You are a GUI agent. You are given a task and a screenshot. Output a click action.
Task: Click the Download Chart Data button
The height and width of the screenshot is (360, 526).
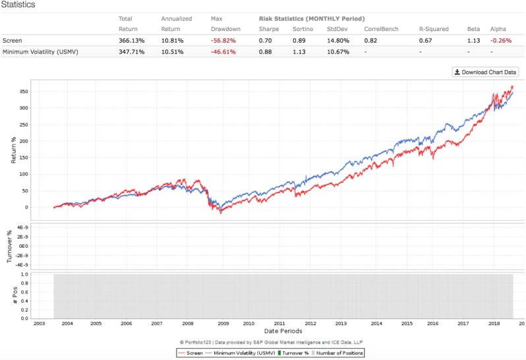coord(484,72)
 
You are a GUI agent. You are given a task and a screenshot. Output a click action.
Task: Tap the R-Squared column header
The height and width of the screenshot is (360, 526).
coord(433,29)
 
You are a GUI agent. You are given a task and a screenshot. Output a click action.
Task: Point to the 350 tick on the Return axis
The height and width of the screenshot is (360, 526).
coord(43,91)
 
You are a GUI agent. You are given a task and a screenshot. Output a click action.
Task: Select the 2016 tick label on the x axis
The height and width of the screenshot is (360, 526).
coord(432,323)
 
